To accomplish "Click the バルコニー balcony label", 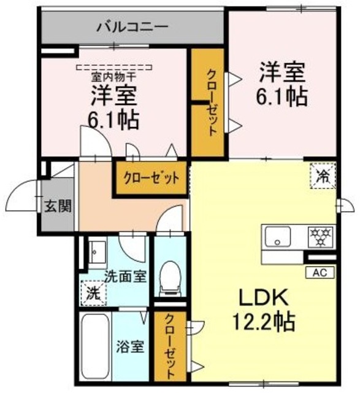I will point(133,28).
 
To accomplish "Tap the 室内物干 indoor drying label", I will point(114,77).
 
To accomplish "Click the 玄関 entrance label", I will point(57,205).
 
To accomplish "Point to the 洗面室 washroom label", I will point(125,276).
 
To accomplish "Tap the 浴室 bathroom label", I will point(130,346).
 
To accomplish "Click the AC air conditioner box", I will point(320,271).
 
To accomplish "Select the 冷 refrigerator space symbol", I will point(323,176).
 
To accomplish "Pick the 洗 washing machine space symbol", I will point(92,293).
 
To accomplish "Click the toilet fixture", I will point(168,278).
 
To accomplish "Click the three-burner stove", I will point(320,235).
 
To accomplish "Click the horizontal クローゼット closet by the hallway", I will point(151,179).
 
